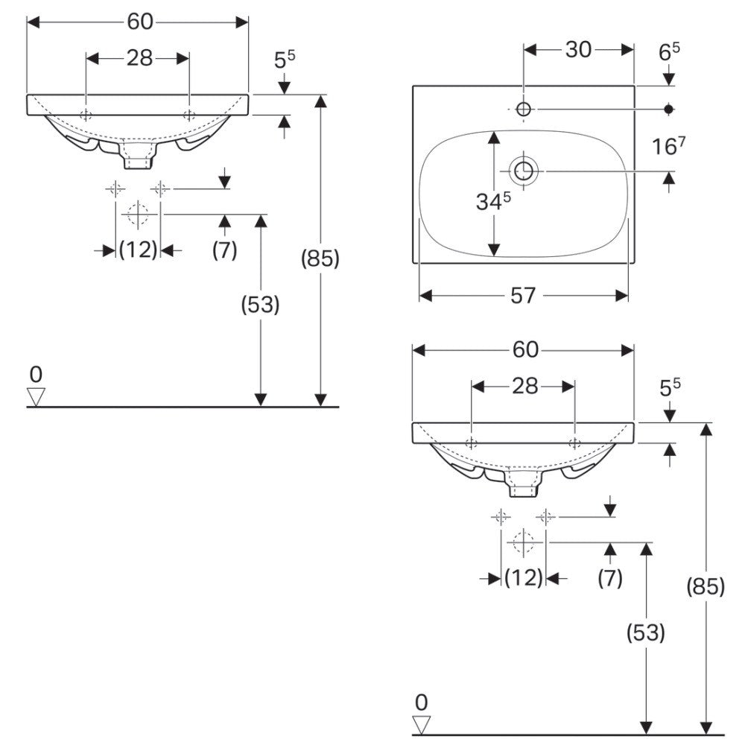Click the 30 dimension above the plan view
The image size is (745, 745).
point(578,49)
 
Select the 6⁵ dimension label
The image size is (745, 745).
point(669,51)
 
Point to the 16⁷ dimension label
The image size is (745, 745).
point(668,146)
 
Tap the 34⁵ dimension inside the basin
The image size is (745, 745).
point(494,201)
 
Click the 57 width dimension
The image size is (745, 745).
point(523,296)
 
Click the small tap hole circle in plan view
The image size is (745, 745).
point(524,110)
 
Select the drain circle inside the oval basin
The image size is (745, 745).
point(524,171)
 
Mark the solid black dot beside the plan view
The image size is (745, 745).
point(669,110)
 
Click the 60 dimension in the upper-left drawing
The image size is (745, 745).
point(140,22)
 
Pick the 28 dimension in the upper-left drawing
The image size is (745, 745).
point(139,58)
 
